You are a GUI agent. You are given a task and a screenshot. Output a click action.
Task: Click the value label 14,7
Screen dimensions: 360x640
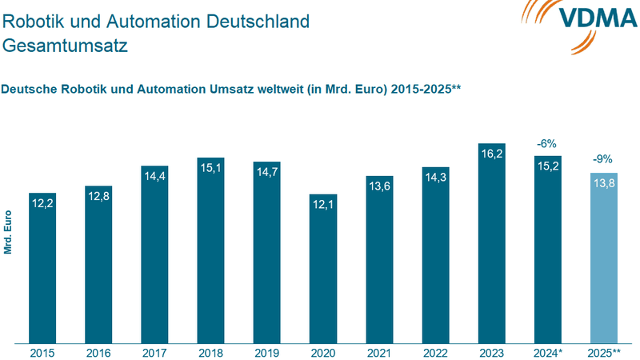[267, 173]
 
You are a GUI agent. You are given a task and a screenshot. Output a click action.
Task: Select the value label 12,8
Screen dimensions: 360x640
[98, 196]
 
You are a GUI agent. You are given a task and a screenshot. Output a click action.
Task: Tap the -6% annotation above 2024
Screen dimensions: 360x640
[547, 144]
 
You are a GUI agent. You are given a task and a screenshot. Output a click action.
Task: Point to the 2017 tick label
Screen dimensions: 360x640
[155, 352]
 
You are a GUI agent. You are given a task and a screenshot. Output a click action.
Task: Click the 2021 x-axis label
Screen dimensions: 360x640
[379, 352]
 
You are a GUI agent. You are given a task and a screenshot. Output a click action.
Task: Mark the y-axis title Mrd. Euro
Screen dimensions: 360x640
[9, 232]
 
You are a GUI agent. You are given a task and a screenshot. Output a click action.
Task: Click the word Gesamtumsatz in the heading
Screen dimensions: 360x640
[65, 46]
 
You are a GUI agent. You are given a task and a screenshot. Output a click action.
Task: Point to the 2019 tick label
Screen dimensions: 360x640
[267, 352]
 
